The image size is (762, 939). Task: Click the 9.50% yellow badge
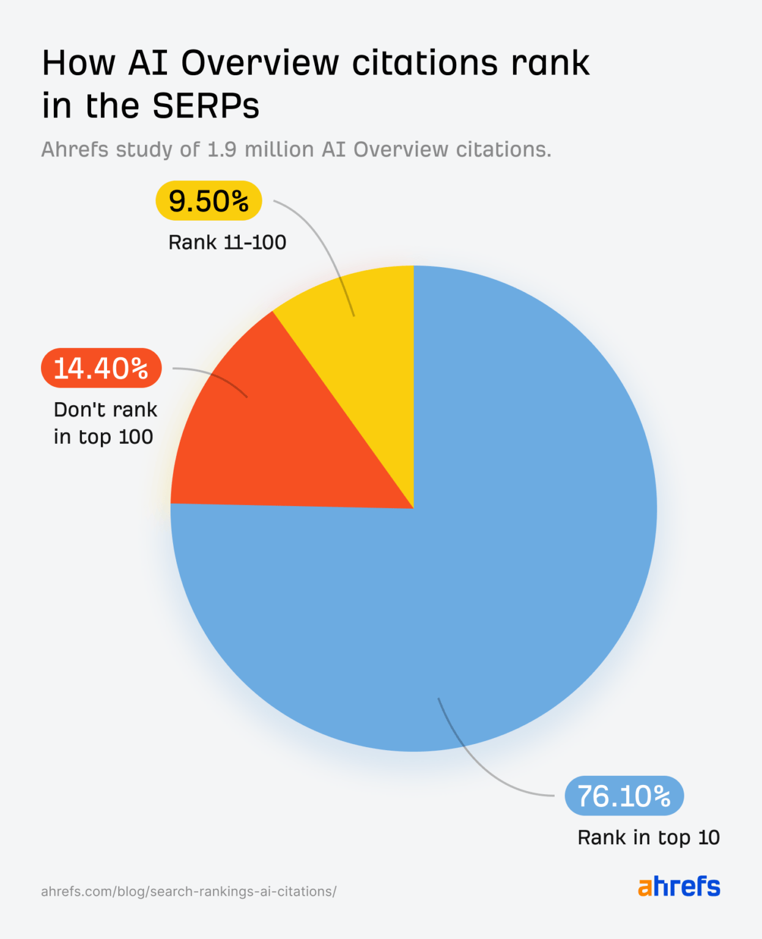point(209,201)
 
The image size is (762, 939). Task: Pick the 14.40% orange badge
point(101,368)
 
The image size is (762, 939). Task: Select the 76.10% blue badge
point(624,796)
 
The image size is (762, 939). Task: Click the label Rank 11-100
point(227,243)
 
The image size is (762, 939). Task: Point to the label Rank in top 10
point(648,838)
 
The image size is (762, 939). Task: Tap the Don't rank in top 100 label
point(105,423)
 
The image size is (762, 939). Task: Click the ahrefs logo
point(679,886)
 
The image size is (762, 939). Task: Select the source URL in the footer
point(188,891)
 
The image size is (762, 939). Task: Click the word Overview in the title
point(260,63)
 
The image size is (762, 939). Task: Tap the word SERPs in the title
point(205,106)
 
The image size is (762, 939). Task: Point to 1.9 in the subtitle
point(222,150)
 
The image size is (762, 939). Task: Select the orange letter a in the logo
point(645,888)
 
